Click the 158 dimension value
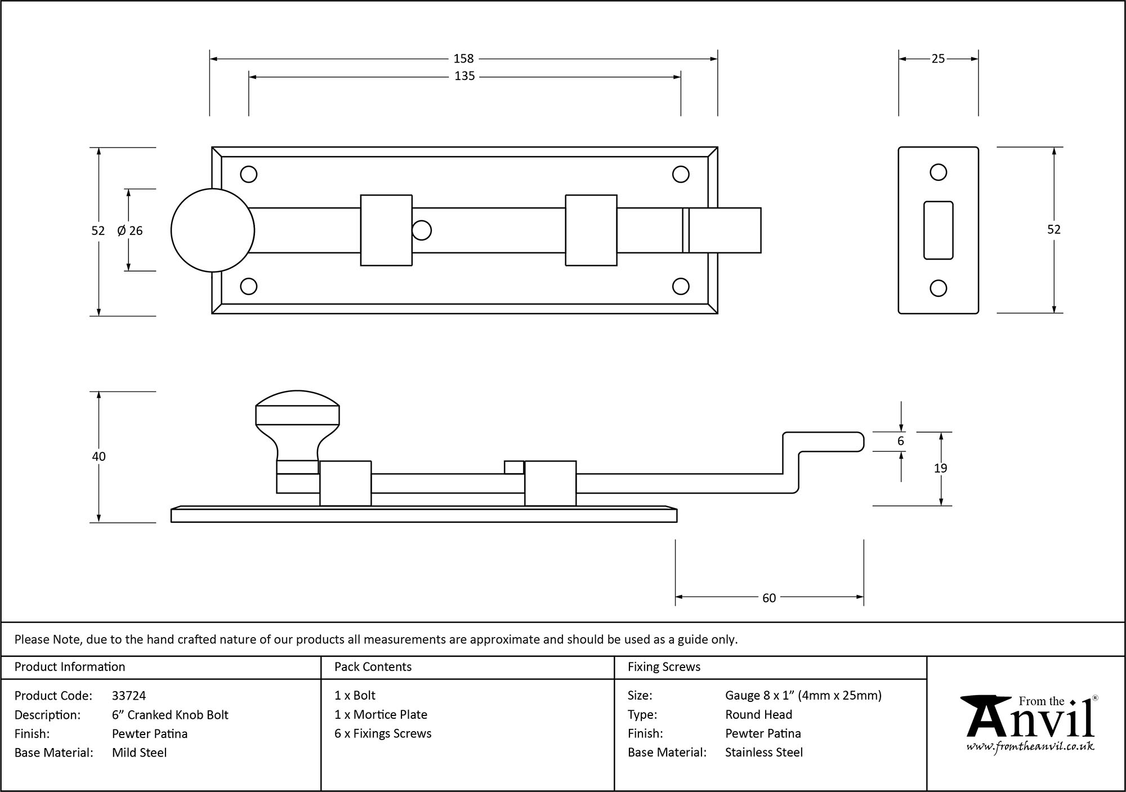coord(463,59)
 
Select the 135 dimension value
coord(464,76)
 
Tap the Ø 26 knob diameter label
coord(130,230)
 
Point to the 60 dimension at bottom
coord(769,598)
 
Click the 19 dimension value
coord(940,468)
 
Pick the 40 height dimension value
coord(99,456)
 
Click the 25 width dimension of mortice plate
coord(938,59)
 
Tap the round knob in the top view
coord(212,230)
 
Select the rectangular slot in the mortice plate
coord(938,230)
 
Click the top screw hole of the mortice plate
coord(938,172)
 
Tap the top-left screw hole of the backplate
coord(248,174)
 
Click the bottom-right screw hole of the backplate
coord(681,286)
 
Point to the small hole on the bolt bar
coord(422,230)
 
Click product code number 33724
coord(129,696)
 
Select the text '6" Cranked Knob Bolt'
coord(170,715)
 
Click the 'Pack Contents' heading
coord(373,667)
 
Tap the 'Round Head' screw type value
coord(758,715)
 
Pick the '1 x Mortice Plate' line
coord(381,715)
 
